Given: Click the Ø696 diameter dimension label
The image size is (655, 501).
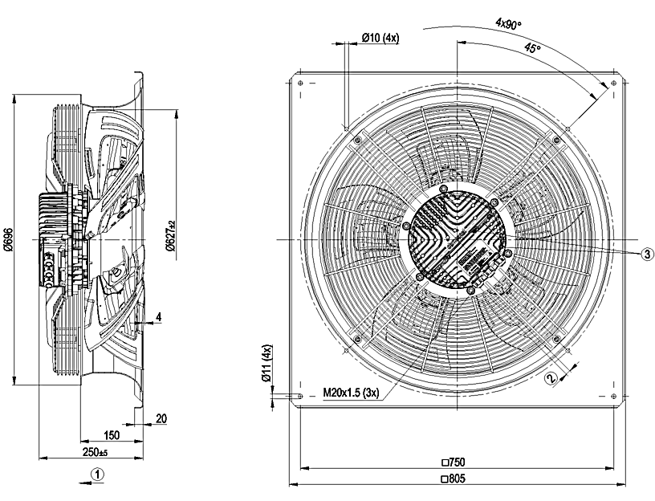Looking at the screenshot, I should pos(8,240).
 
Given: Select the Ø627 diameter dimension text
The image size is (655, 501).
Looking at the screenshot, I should pos(170,236).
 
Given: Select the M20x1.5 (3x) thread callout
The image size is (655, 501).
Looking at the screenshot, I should pos(351,393).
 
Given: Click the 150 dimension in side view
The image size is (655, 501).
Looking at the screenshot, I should pos(112,435).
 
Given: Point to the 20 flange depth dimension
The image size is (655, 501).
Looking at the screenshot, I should pos(161,418).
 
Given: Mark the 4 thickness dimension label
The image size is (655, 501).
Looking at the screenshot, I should pos(159,317).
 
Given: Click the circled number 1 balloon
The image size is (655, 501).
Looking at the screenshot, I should pos(96,475).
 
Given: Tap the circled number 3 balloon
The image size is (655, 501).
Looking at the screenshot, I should pos(647,254).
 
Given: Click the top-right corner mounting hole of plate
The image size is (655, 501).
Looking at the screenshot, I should pos(615,83).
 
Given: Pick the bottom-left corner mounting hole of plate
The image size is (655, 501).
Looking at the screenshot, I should pos(299,397).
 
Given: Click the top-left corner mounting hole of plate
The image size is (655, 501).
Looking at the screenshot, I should pos(299,83).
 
